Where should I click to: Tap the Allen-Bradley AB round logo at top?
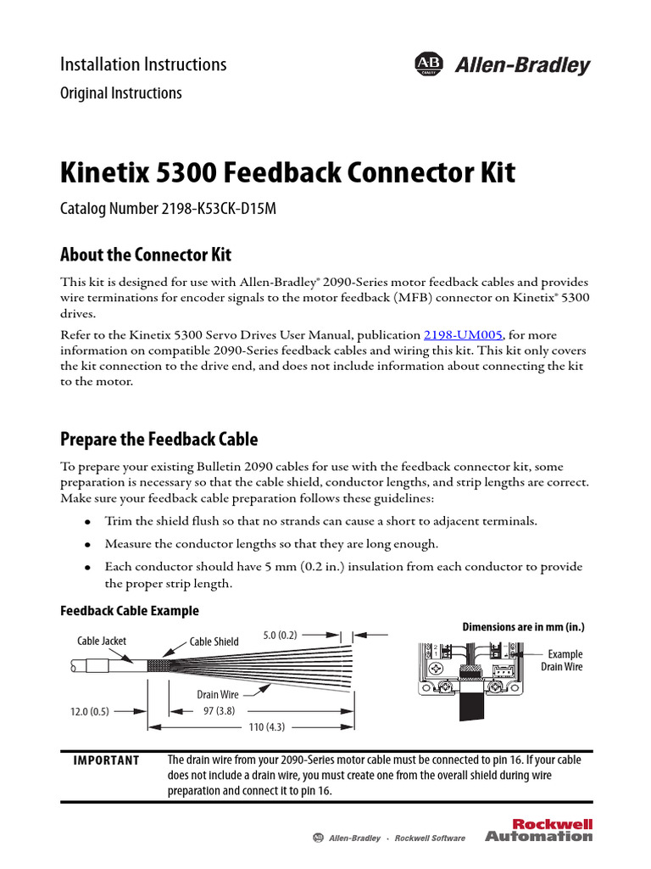coord(429,65)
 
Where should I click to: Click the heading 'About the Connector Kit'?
coord(145,255)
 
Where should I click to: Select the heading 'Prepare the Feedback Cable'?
coord(159,440)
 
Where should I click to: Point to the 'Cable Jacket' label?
coord(102,641)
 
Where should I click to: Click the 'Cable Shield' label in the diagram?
coord(214,642)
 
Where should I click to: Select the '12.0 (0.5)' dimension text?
coord(90,712)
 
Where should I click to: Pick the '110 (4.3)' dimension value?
coord(258,727)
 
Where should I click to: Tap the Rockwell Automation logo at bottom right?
coord(539,830)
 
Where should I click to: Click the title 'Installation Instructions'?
coord(143,64)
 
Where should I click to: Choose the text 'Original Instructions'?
coord(120,93)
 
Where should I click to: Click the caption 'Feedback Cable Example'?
coord(130,610)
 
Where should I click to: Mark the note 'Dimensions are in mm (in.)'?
coord(523,627)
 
